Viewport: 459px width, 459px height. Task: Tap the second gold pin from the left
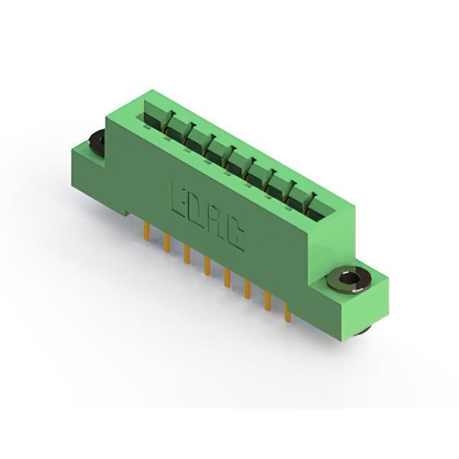point(167,242)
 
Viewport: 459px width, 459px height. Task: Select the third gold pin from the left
point(187,255)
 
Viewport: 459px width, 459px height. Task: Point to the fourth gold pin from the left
point(207,266)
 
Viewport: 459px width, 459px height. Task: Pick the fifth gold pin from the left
point(227,278)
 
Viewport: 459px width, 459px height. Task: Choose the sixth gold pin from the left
point(247,289)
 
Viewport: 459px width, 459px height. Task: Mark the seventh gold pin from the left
point(268,301)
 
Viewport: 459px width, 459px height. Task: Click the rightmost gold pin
point(288,313)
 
